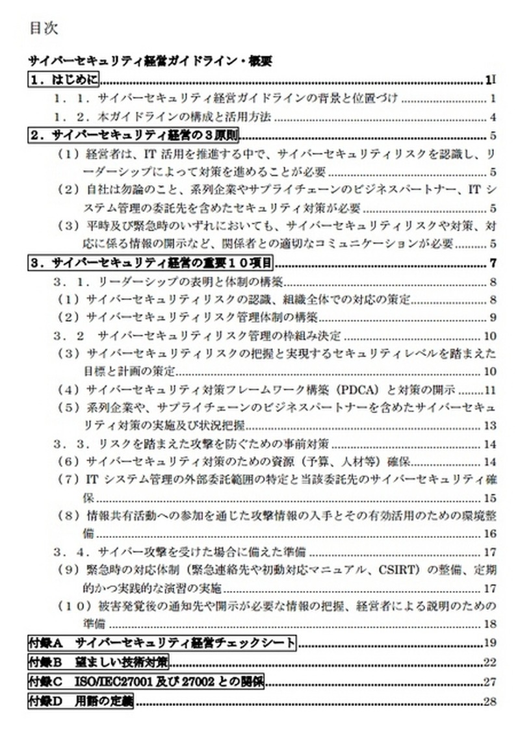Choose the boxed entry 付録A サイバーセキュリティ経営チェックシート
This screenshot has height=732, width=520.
[x=162, y=643]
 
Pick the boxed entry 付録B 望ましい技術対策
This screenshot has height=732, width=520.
[x=98, y=663]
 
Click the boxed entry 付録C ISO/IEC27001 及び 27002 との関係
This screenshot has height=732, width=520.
[x=146, y=682]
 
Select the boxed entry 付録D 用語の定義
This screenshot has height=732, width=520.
[x=81, y=701]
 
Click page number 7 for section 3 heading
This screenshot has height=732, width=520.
[x=493, y=263]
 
